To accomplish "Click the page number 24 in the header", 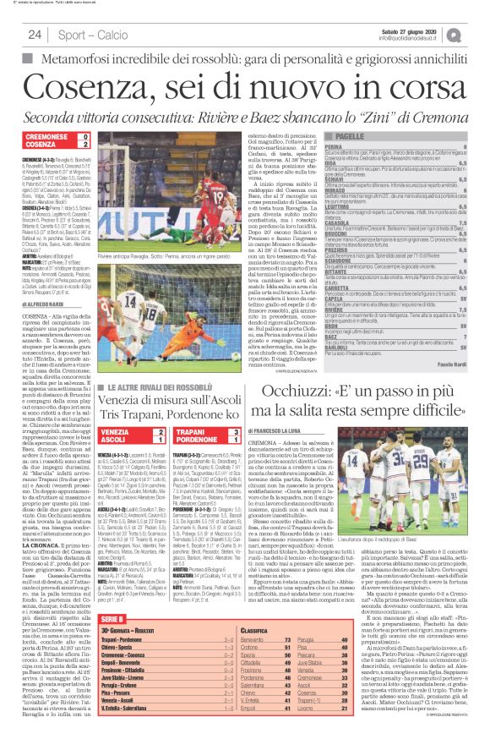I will pyautogui.click(x=35, y=34).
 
